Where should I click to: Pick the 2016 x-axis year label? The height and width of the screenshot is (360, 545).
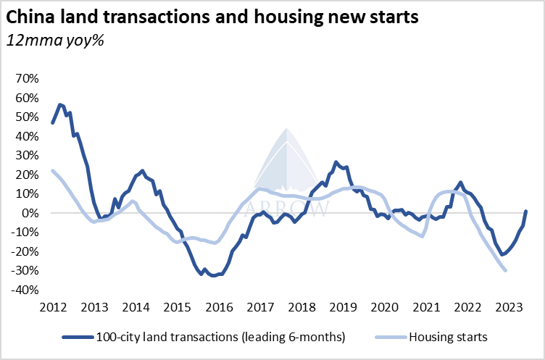point(220,306)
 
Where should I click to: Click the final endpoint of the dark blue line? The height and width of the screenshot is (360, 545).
point(526,212)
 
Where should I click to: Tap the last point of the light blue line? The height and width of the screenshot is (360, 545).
point(505,270)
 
